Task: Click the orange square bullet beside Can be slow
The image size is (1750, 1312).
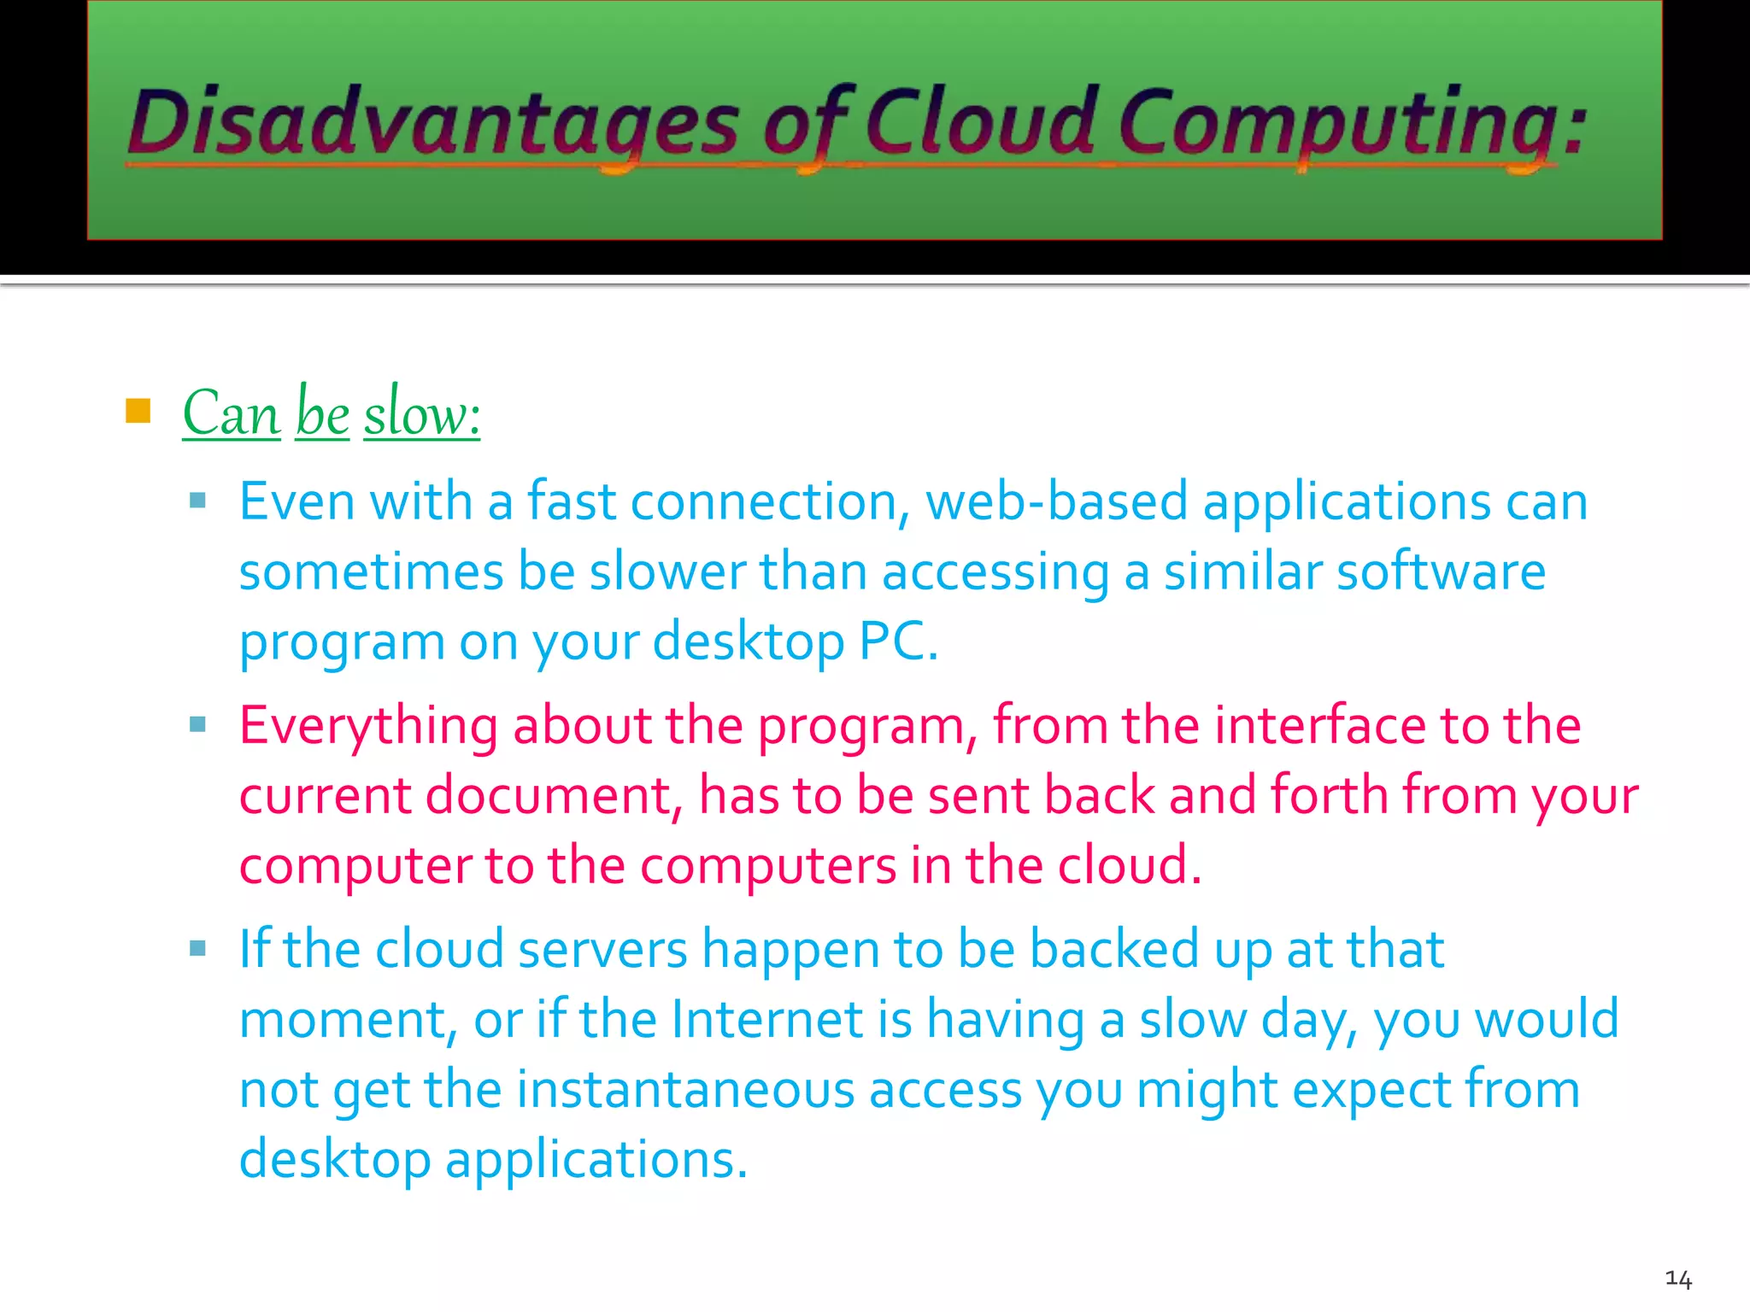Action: point(138,411)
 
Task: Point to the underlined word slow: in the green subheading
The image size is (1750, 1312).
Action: point(422,413)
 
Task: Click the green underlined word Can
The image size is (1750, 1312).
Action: point(232,413)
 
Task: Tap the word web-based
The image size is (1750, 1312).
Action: point(1057,501)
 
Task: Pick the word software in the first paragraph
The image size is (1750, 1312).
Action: point(1441,571)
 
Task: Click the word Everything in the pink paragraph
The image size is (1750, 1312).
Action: point(368,726)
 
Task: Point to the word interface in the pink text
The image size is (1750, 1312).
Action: point(1320,726)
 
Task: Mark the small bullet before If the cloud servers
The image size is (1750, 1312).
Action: point(198,948)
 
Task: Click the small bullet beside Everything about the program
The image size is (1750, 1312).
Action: point(198,725)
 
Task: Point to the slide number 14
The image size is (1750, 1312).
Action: point(1678,1279)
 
